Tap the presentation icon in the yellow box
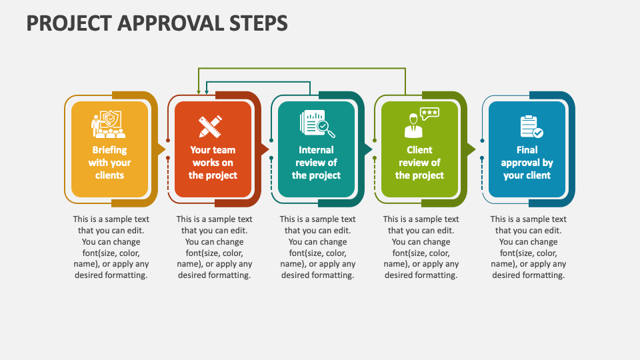pos(109,125)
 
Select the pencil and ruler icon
pos(212,126)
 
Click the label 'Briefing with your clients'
pos(109,163)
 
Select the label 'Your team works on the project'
pos(213,163)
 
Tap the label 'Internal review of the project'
pos(316,163)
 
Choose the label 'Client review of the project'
pos(419,163)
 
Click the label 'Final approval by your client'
pos(527,163)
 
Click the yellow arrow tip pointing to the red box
pos(162,149)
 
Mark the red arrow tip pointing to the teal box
pos(265,149)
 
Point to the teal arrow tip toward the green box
pos(369,149)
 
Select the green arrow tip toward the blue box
pos(472,149)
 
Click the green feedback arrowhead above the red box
pos(198,92)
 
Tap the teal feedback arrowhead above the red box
pos(207,92)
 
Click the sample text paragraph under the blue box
pos(528,247)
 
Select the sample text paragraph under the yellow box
pos(111,247)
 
